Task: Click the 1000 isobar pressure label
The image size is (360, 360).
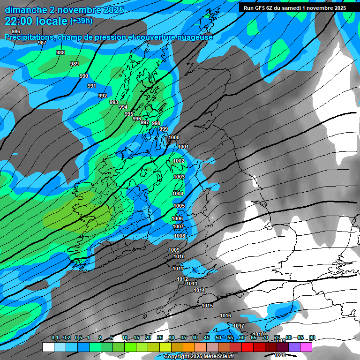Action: tap(173, 137)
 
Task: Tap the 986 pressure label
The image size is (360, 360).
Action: tap(16, 32)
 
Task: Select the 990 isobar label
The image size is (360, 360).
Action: tap(84, 76)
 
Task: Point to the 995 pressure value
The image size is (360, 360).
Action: tap(129, 114)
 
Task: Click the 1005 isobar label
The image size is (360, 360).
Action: tap(179, 206)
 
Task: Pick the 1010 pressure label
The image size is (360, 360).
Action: tap(179, 256)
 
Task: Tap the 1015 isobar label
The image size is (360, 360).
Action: tap(207, 306)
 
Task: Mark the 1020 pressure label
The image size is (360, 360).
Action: tap(280, 355)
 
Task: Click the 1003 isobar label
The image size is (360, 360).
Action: tap(179, 177)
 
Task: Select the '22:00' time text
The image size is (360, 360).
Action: tap(19, 21)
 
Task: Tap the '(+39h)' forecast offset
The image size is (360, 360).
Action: tap(81, 21)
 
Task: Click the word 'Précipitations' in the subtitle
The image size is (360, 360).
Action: tap(28, 37)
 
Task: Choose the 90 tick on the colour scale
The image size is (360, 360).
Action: tap(312, 337)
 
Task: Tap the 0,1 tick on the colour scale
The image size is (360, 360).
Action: tap(55, 337)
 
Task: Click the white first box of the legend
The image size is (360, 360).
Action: tap(48, 347)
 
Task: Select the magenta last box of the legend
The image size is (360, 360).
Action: tap(306, 347)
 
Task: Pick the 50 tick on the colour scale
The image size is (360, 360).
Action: tap(218, 337)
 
